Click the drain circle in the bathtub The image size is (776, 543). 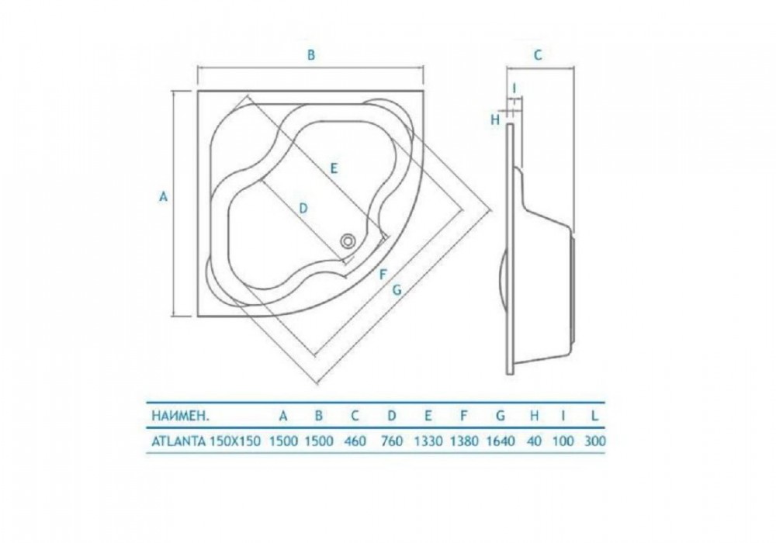point(348,241)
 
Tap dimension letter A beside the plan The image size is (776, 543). point(163,196)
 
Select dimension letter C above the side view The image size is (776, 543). point(537,55)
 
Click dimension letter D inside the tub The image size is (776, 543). point(303,208)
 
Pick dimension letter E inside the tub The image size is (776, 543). point(333,167)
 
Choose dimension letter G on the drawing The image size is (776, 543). point(397,289)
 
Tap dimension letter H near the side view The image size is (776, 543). point(494,119)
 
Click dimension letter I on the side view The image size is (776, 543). point(514,87)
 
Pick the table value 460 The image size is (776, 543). point(356,441)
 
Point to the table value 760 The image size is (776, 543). point(393,441)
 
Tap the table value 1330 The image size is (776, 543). point(428,441)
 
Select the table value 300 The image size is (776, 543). point(594,441)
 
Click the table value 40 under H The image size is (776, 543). point(534,441)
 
